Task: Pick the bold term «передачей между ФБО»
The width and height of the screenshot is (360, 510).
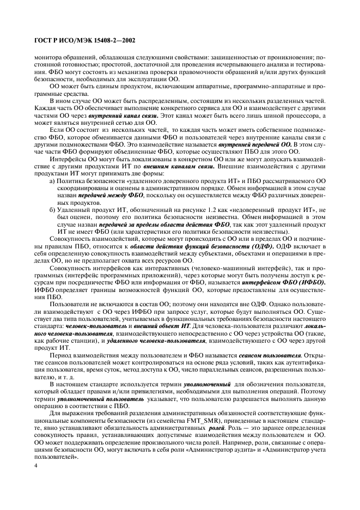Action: coord(111,195)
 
